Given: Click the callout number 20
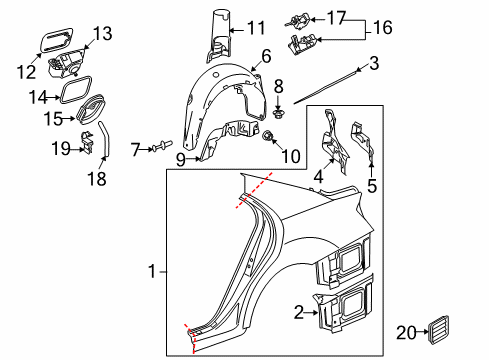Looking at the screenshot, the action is (406, 332).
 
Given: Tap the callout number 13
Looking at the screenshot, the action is (102, 34).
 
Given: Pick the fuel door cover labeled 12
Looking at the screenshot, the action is (57, 40).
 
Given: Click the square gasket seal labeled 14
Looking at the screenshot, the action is (75, 89).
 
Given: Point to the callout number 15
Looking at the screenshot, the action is (53, 119).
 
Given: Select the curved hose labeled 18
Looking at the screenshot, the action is (104, 139).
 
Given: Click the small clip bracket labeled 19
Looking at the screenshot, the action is (87, 143).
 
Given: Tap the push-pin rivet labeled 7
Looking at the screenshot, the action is (163, 147).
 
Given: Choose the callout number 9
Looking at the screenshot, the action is (180, 160).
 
